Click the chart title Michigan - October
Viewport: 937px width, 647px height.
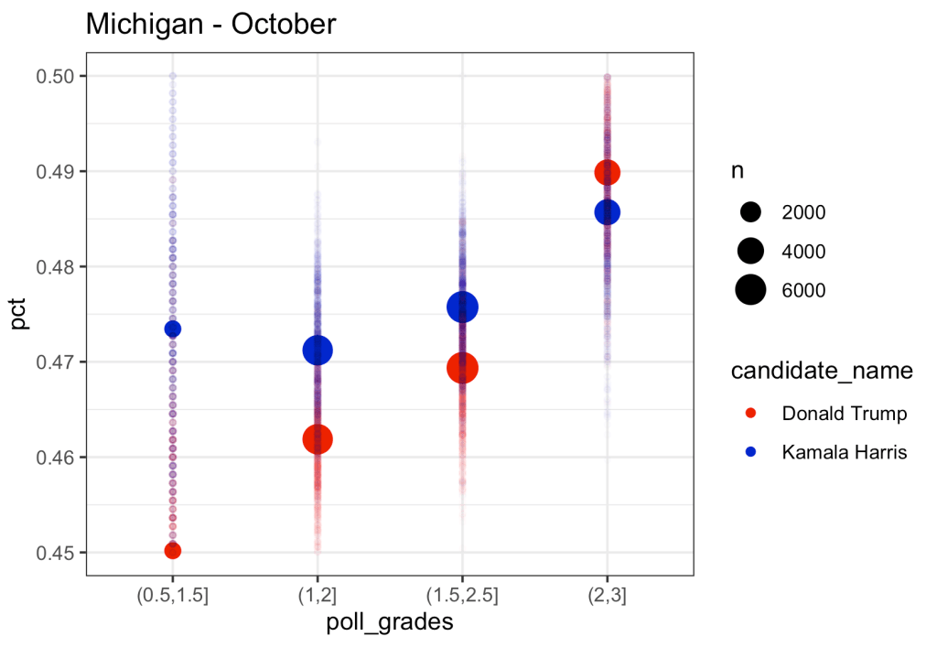point(211,25)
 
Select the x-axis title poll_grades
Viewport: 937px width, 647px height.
point(390,623)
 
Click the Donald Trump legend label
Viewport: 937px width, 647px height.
point(844,414)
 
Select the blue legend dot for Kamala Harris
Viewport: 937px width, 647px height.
point(751,452)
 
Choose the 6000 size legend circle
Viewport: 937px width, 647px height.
point(751,290)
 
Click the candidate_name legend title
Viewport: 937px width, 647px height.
point(822,372)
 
